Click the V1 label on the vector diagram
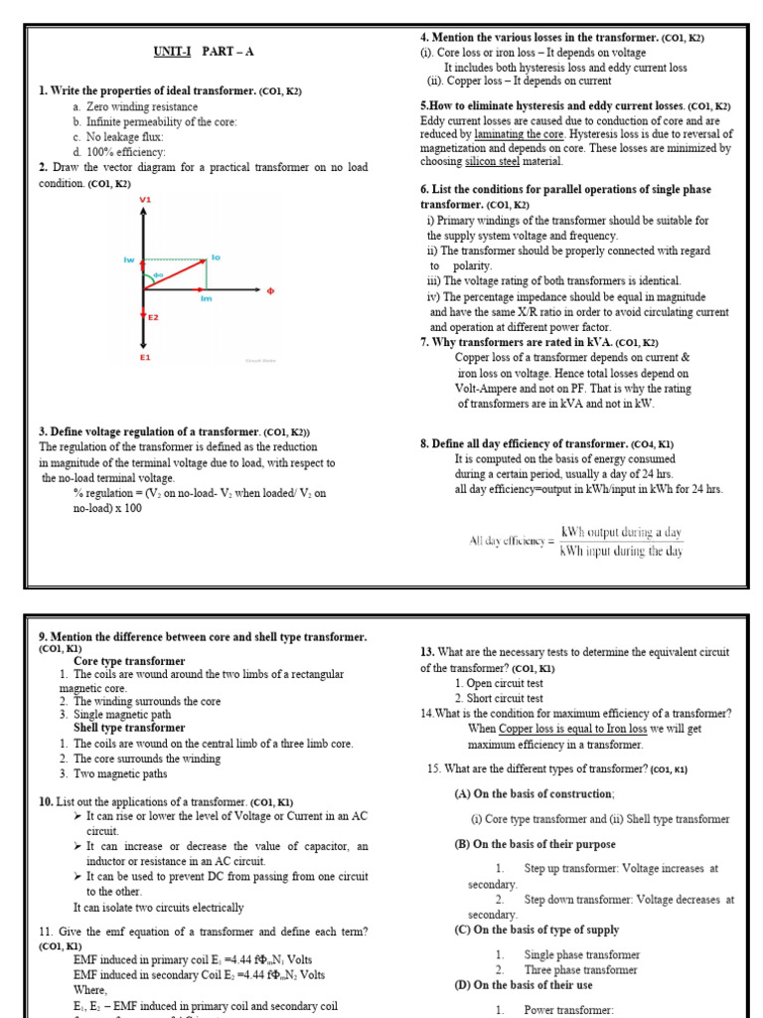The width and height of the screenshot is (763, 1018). pos(145,201)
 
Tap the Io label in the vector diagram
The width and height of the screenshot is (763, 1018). pos(216,257)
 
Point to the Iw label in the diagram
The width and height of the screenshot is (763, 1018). pos(128,260)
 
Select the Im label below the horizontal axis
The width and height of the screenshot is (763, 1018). pos(206,298)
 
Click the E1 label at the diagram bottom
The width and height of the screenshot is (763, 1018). pos(145,357)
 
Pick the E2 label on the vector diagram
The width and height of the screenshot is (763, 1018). pos(153,317)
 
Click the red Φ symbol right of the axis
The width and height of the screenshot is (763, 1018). pos(269,291)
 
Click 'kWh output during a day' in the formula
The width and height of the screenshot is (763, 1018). pos(622,532)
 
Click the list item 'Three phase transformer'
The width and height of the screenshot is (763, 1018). pos(581,969)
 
